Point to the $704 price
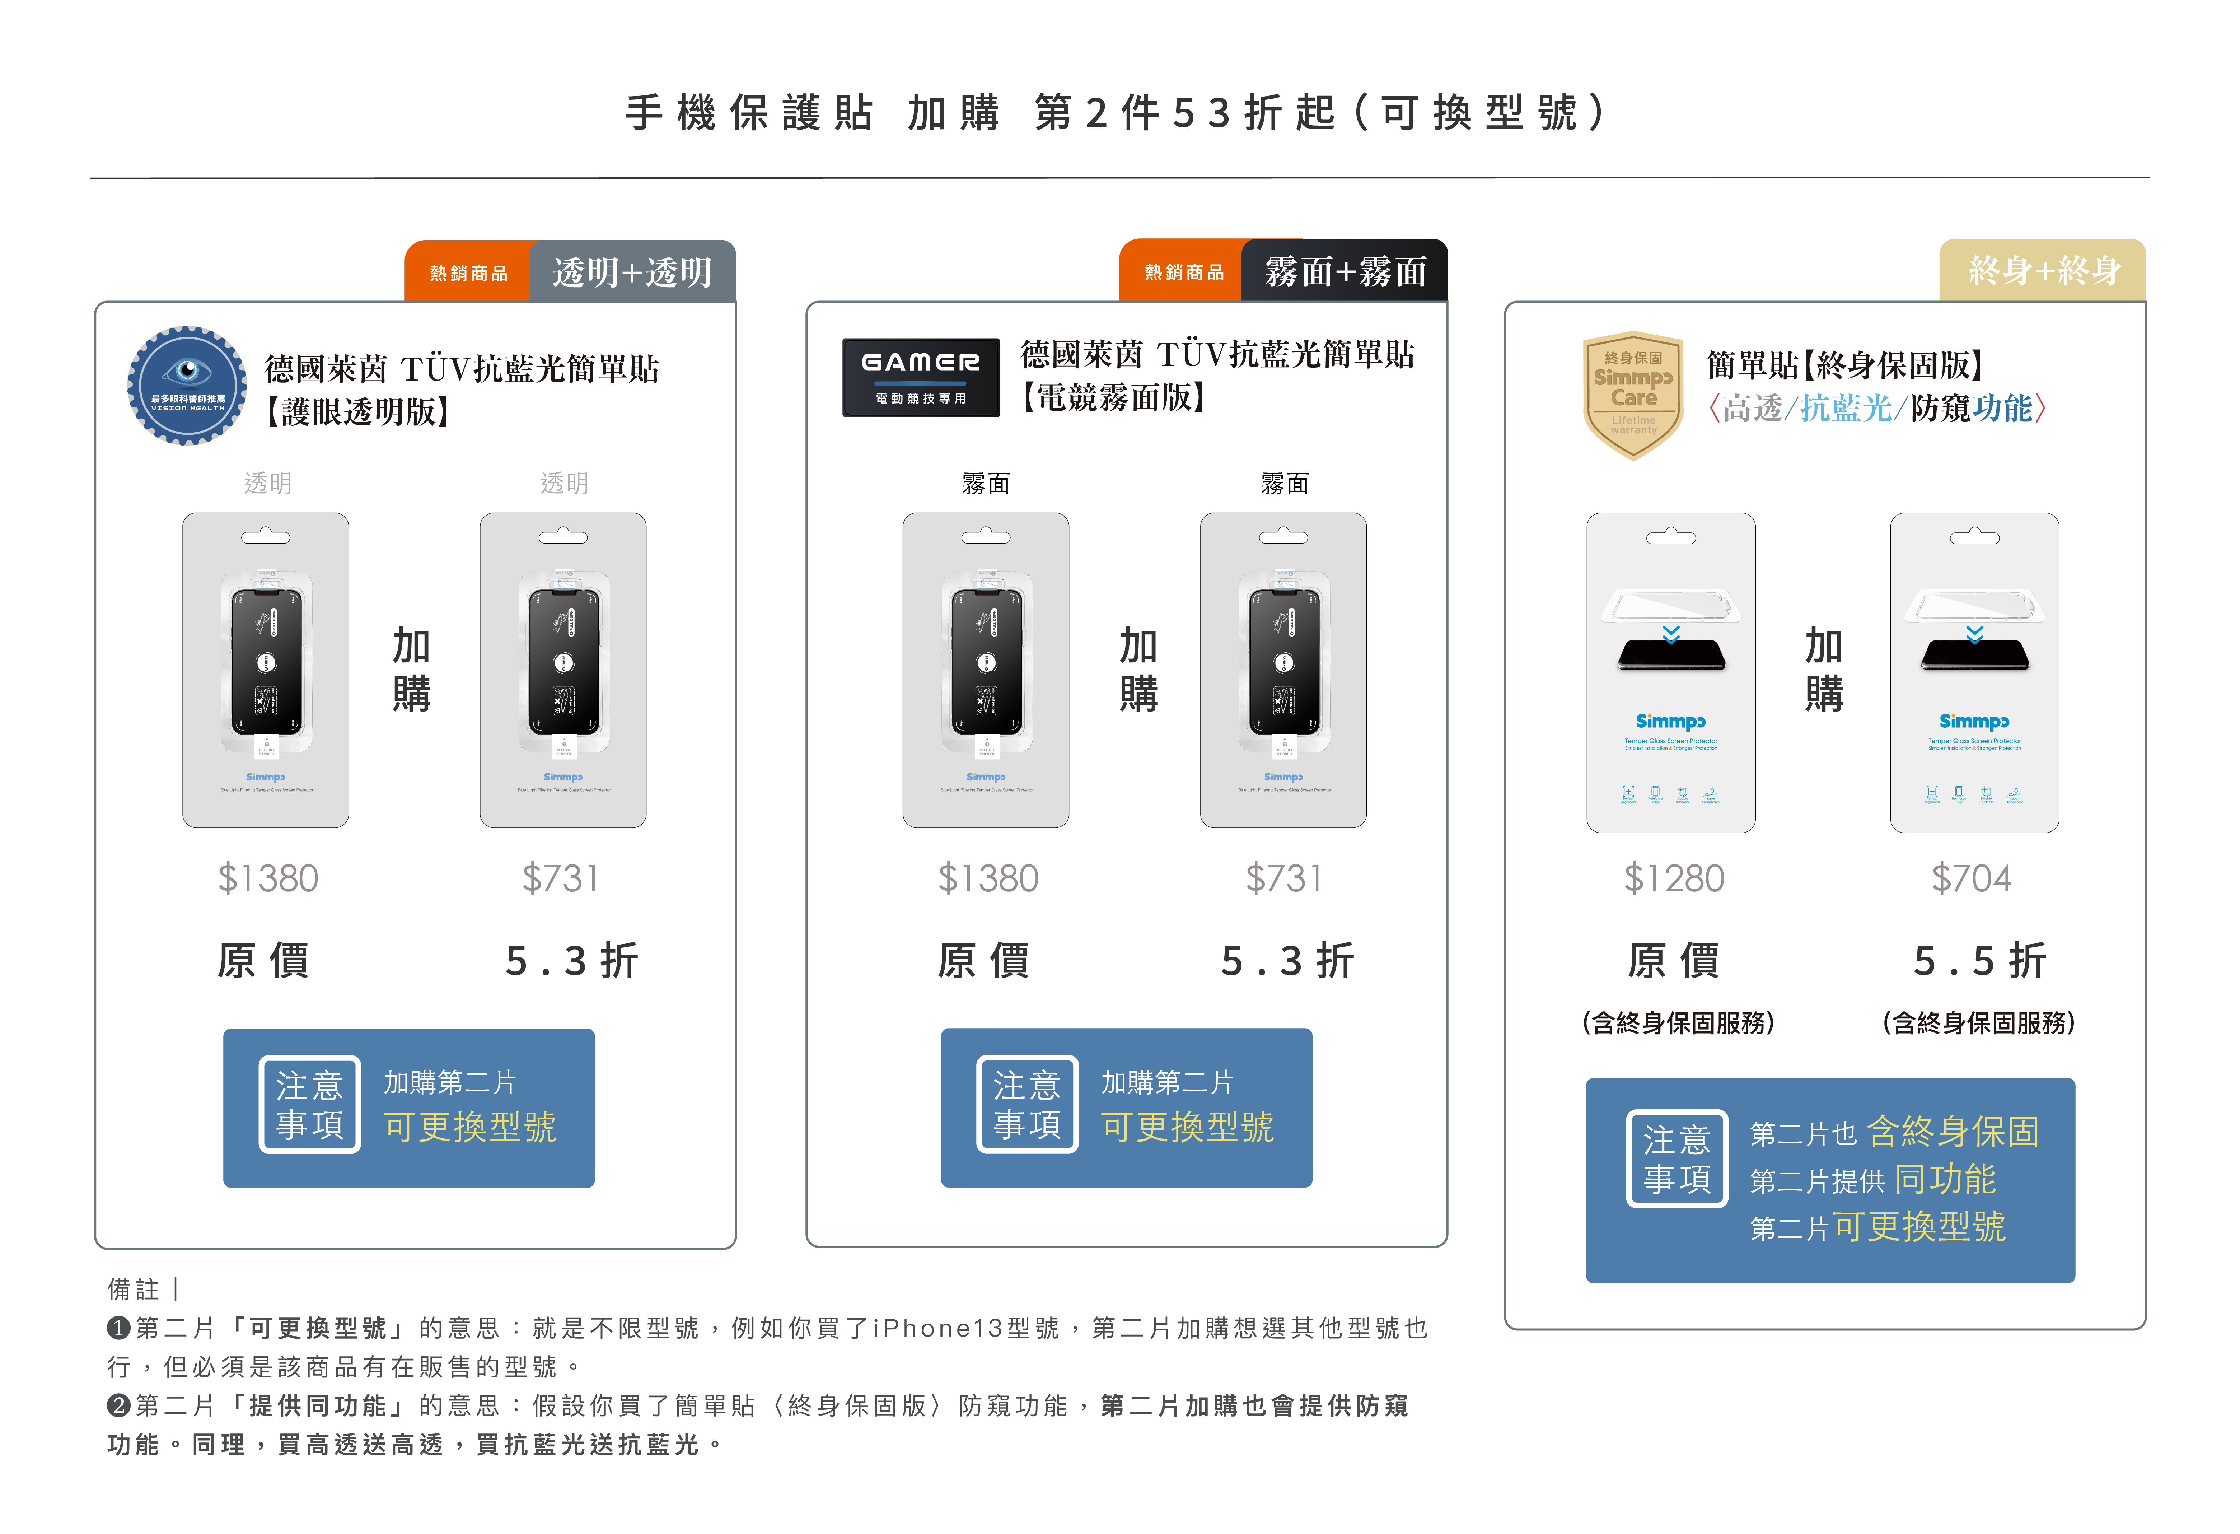1971,878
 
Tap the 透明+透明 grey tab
632,272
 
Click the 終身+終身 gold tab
2043,271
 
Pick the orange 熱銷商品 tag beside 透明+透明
468,273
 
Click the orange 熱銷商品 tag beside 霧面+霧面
1184,273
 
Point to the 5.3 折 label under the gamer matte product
1287,961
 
